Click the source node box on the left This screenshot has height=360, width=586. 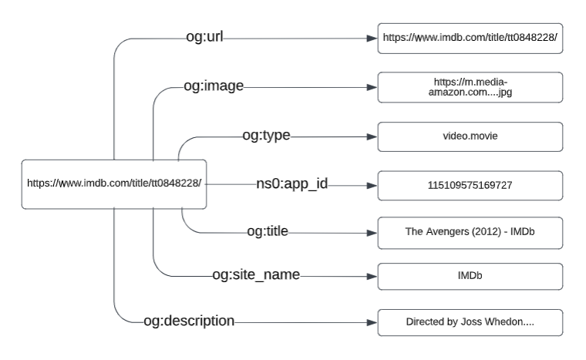tap(114, 183)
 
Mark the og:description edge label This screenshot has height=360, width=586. tap(189, 320)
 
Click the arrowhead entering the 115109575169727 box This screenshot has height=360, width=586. tap(372, 185)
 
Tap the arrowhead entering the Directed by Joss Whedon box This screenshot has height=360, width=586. tap(372, 321)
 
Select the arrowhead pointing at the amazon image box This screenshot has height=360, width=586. tap(372, 86)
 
